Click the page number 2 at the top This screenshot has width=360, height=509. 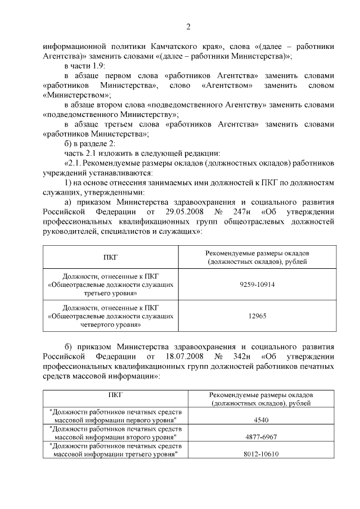point(188,26)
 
